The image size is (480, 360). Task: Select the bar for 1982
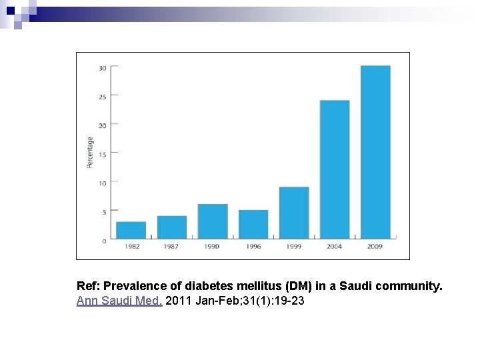tap(131, 230)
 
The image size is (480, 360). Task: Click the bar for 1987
tap(172, 227)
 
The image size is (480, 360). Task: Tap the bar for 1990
tap(213, 221)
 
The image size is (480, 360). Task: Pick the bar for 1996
tap(253, 225)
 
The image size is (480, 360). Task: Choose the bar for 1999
tap(294, 213)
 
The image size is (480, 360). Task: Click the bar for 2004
tap(335, 169)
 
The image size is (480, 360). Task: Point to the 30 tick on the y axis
tap(103, 67)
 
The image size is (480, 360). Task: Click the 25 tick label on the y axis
tap(103, 97)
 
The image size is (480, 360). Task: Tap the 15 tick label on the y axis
tap(103, 153)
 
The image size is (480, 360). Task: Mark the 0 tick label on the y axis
tap(104, 241)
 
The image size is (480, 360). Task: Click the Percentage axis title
tap(90, 153)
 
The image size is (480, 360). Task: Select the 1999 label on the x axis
tap(294, 247)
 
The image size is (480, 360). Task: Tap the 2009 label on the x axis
tap(375, 247)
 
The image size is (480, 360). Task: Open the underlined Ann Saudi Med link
tap(119, 301)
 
